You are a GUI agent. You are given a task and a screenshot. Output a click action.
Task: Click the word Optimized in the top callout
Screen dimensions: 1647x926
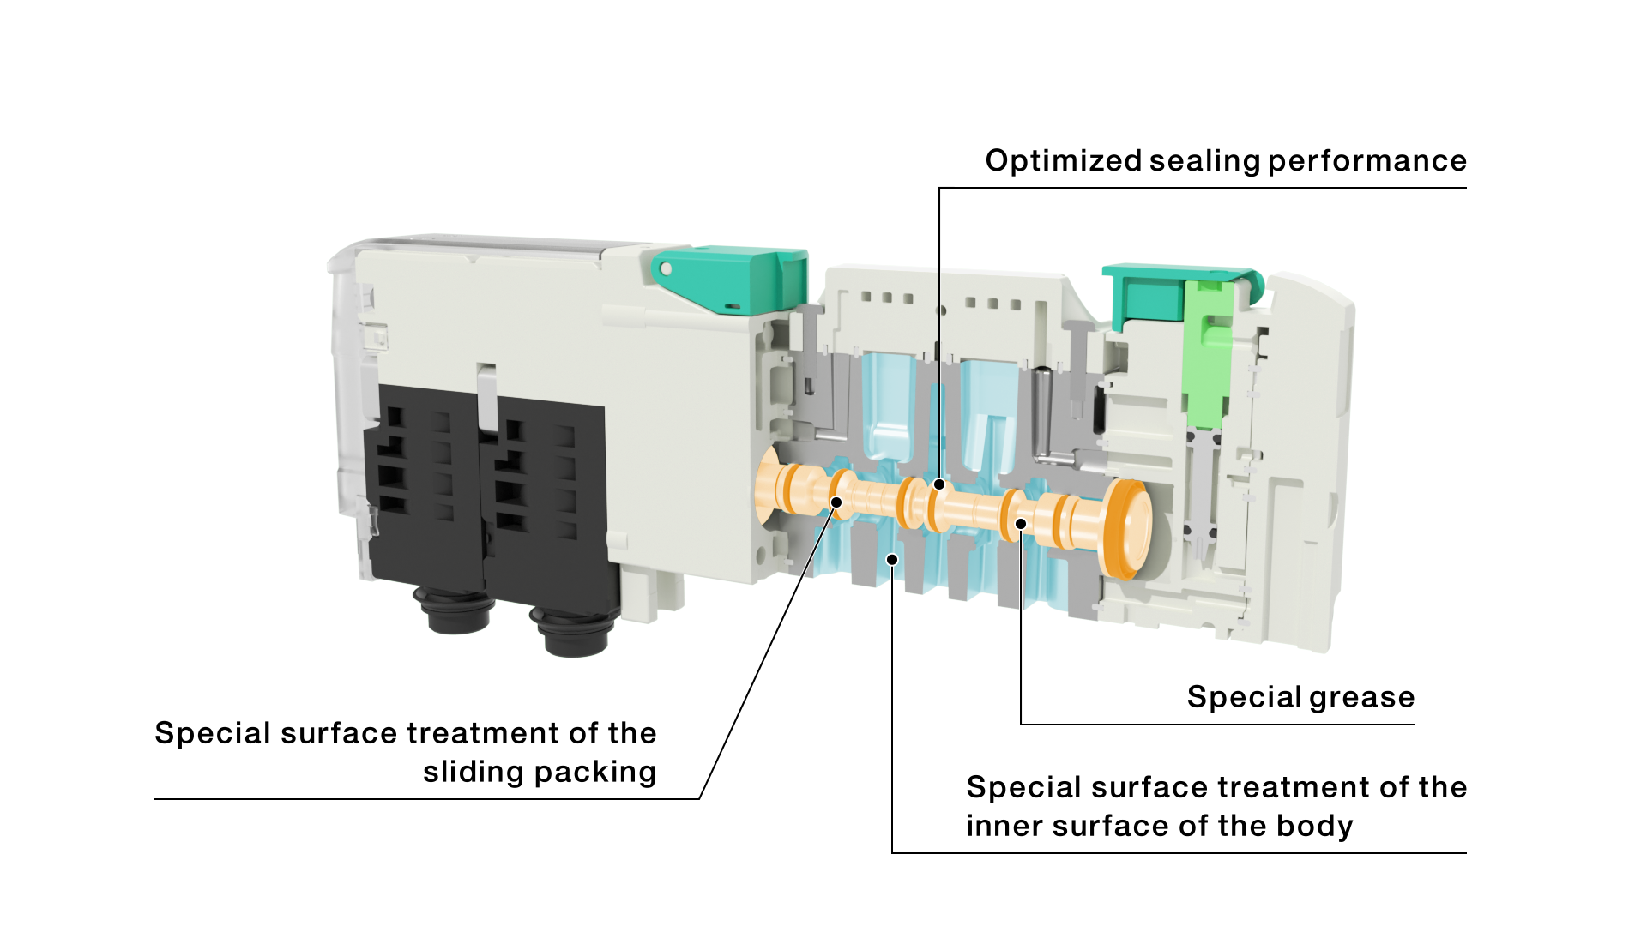(x=1064, y=161)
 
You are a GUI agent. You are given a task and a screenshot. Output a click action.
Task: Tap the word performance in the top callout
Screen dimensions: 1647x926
(x=1367, y=161)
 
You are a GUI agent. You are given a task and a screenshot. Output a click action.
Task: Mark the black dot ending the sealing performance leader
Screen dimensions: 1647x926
(x=939, y=484)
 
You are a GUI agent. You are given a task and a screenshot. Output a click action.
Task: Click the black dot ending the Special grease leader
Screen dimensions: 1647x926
(x=1021, y=524)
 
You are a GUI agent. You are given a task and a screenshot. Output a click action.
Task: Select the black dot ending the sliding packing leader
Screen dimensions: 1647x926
(x=836, y=502)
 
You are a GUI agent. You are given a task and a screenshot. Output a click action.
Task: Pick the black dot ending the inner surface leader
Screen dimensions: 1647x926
(x=892, y=560)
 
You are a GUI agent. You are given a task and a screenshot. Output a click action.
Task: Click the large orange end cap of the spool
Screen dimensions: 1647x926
(x=1128, y=528)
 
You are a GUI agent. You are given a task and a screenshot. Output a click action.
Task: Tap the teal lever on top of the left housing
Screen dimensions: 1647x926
(x=729, y=280)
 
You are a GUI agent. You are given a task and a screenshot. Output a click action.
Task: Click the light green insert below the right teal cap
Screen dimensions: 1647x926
(x=1209, y=352)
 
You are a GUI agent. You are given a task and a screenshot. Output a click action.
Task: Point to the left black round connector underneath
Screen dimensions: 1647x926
(x=454, y=610)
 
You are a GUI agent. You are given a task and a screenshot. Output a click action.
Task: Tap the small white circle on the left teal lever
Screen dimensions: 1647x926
(x=666, y=270)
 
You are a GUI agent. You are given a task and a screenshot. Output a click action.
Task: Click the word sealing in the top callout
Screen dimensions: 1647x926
(x=1205, y=161)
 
